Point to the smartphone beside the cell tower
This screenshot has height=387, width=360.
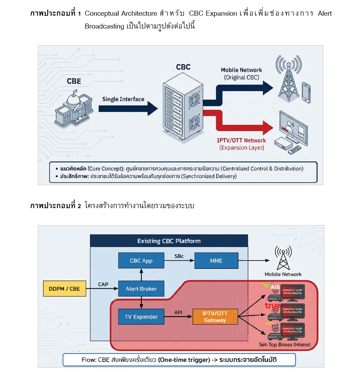[306, 92]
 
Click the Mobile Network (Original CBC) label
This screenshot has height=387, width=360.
[241, 74]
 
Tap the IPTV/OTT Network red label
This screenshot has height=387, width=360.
[242, 144]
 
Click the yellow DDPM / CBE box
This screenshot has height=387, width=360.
[65, 288]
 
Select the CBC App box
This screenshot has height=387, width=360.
[141, 261]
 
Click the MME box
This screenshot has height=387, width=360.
[216, 261]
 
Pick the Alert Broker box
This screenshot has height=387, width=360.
[141, 288]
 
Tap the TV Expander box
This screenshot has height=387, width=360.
[141, 317]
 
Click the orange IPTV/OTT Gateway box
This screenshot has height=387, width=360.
[215, 317]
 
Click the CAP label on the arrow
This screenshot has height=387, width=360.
[103, 284]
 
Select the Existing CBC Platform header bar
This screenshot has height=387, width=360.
[169, 241]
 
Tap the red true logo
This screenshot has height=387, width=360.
[272, 306]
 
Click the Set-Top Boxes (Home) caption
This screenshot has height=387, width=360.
[285, 345]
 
